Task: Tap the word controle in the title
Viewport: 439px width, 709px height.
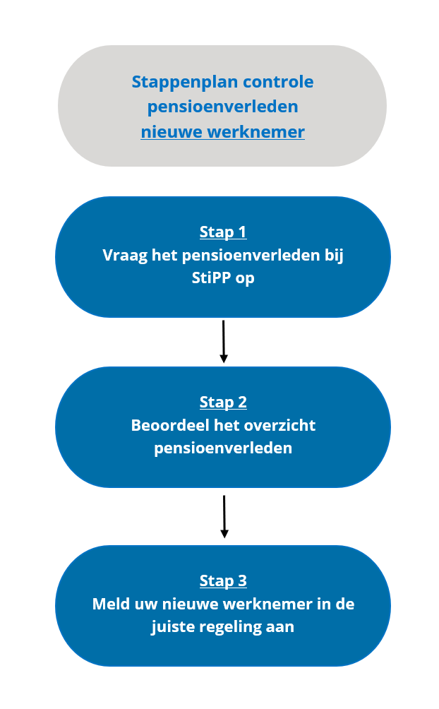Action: point(279,82)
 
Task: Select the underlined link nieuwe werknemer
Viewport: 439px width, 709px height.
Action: point(222,132)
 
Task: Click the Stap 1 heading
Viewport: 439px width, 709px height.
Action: point(223,232)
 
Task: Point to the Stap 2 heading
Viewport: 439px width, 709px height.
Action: point(223,403)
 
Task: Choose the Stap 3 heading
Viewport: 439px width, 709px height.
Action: point(223,581)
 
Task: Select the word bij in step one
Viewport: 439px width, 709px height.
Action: point(334,256)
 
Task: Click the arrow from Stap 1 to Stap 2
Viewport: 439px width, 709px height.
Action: point(223,341)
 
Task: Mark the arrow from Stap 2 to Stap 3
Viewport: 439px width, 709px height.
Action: point(224,516)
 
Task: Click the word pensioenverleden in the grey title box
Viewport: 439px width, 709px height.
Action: point(222,107)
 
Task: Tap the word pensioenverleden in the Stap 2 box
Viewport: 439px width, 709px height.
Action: point(223,449)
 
